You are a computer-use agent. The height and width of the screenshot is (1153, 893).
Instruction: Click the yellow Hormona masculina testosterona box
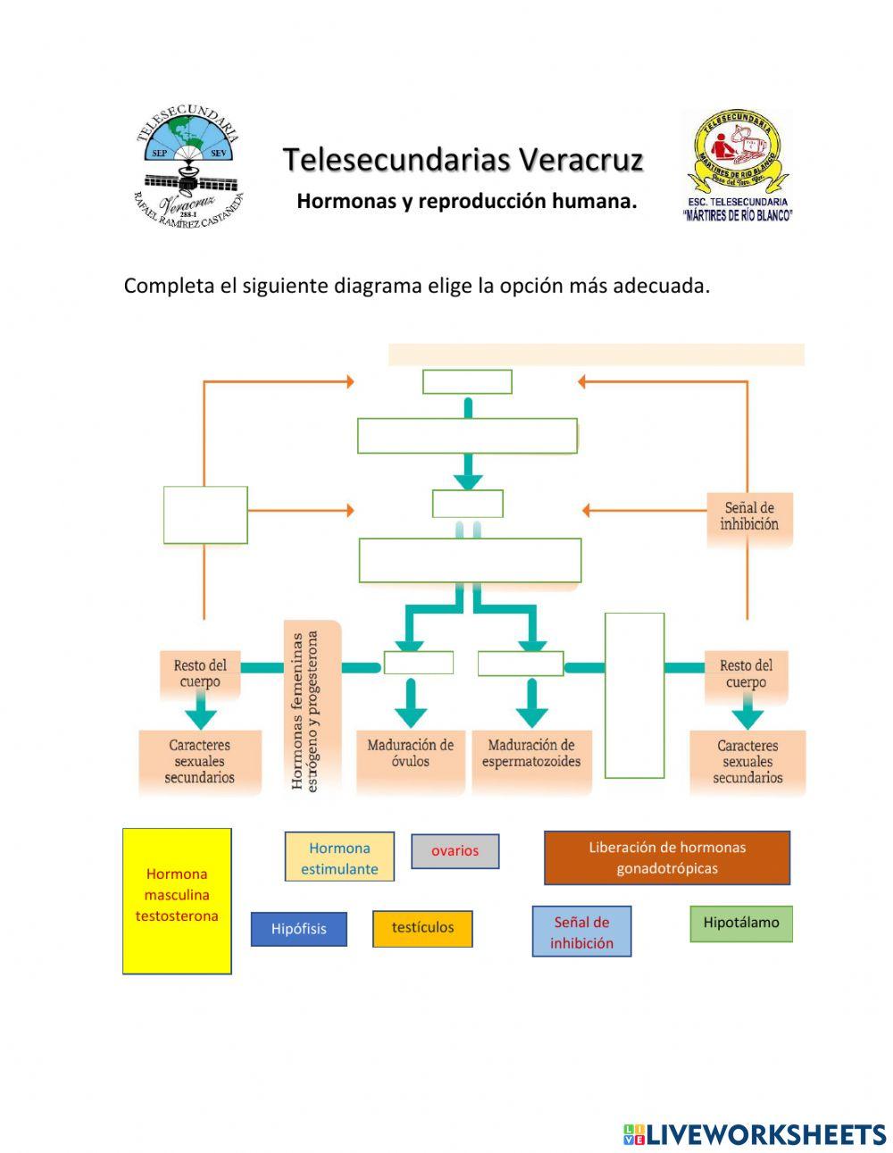(x=177, y=900)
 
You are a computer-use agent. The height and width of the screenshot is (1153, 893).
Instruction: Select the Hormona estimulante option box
(x=339, y=857)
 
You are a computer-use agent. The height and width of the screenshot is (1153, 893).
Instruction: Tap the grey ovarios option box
(x=455, y=851)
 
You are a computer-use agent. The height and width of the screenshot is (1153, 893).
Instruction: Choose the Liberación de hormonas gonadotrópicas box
(x=666, y=857)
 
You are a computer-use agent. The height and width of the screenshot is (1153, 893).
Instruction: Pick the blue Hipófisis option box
(x=298, y=929)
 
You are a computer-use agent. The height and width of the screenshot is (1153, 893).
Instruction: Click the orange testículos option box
(x=422, y=928)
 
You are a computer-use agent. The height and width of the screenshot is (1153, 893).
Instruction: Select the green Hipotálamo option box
(x=740, y=923)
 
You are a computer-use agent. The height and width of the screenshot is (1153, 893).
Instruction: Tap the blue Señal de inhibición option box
(x=581, y=932)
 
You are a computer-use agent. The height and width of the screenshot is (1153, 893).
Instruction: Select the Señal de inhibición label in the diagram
(x=749, y=517)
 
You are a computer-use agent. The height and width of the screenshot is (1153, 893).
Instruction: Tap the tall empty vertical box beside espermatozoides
(x=634, y=695)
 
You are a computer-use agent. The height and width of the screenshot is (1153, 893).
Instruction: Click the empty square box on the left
(x=205, y=514)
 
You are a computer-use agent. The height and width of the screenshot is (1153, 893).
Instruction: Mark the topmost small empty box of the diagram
(x=467, y=381)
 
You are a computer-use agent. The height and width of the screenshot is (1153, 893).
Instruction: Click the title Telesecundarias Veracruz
(x=463, y=160)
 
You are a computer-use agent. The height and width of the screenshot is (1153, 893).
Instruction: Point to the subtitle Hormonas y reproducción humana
(x=466, y=201)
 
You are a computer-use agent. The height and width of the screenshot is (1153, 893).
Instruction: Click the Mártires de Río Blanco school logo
(x=738, y=165)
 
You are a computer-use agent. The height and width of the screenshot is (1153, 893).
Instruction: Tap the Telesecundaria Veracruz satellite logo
(x=188, y=167)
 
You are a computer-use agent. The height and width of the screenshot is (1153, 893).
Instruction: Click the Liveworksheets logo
(x=755, y=1134)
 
